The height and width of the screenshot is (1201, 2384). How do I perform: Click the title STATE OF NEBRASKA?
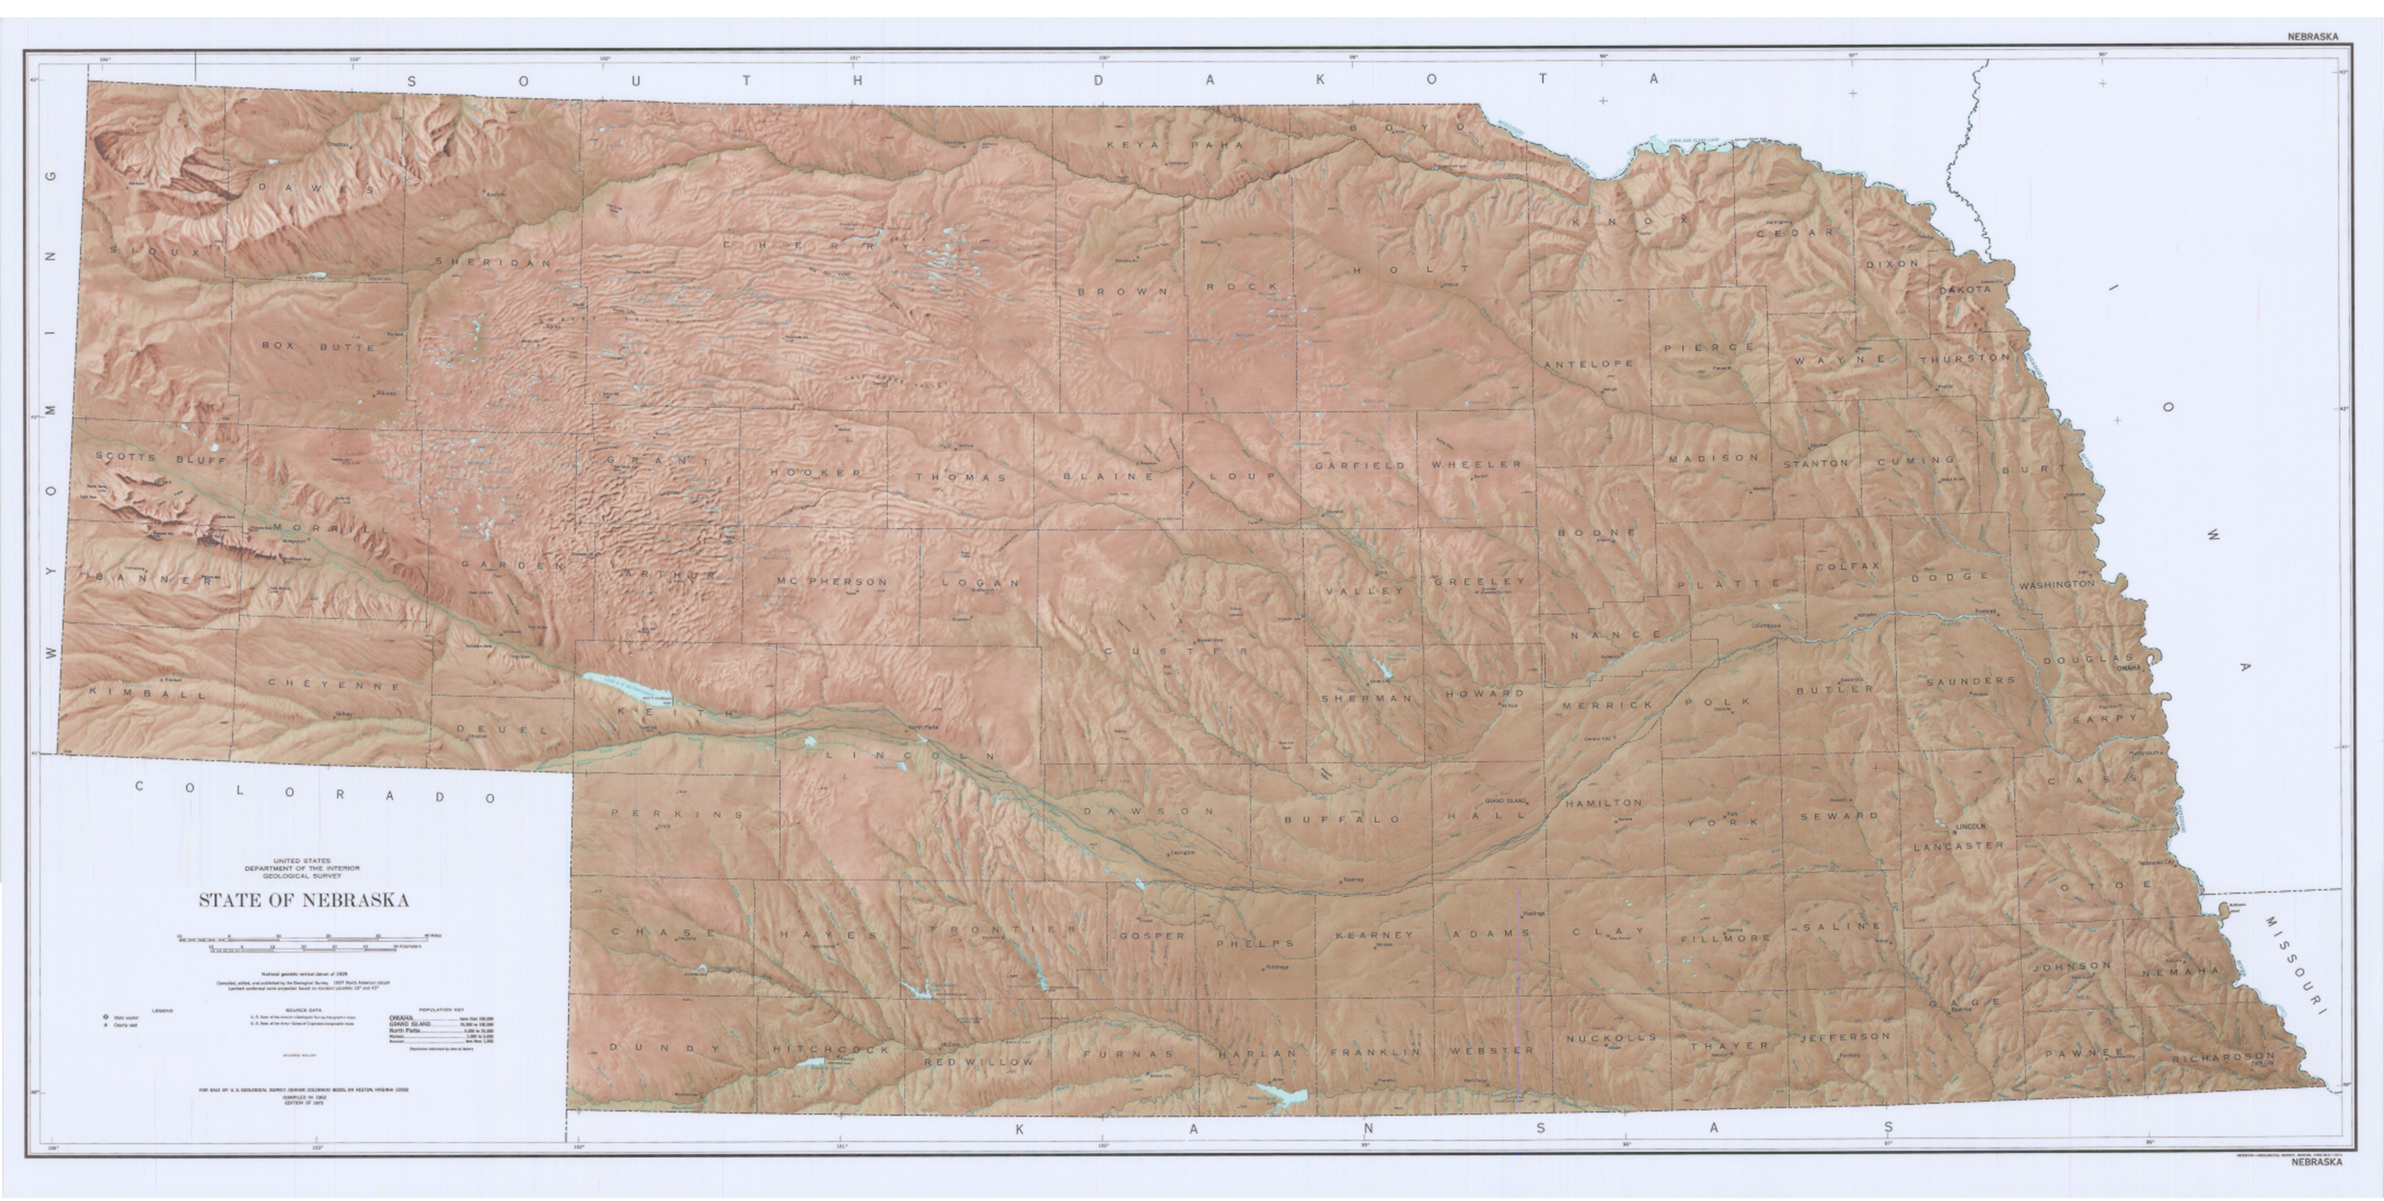[303, 901]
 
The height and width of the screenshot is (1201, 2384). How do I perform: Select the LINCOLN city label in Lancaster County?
[1971, 826]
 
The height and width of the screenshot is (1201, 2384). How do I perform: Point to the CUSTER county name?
[1176, 651]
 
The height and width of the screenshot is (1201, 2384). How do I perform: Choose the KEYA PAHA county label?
[1164, 144]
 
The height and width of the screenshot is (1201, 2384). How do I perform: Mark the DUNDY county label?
[664, 1048]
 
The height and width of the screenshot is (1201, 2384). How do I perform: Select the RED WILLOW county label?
[979, 1062]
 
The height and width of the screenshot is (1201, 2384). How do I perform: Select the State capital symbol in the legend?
[105, 1016]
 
